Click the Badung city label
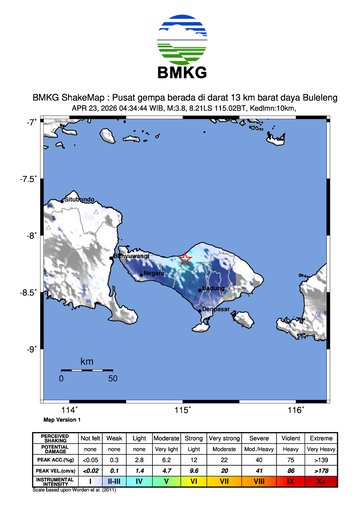213,289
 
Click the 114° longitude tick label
69,410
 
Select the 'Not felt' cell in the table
91,437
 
